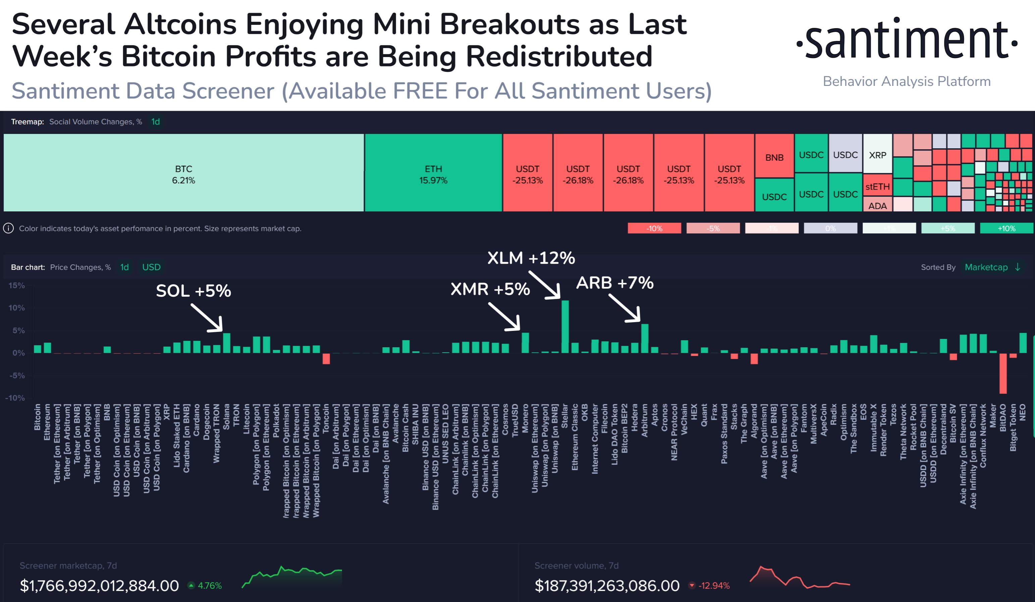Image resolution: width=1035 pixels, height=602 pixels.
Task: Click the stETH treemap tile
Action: (877, 186)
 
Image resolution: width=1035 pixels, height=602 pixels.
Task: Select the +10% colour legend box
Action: (1006, 228)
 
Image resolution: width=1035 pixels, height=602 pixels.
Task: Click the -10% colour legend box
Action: (654, 228)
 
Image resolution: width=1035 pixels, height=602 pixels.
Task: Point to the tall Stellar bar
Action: (565, 327)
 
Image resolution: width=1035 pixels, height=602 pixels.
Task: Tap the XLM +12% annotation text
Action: (531, 258)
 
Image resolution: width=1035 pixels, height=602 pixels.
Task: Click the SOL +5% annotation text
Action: (193, 291)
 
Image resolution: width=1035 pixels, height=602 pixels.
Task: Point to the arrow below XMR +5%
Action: (505, 316)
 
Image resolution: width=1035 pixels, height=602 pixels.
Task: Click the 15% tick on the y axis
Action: (16, 286)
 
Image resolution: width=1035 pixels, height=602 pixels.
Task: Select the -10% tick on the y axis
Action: (15, 398)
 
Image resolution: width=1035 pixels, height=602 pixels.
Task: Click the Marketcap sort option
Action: (986, 267)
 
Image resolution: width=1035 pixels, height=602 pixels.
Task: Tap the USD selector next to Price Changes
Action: (151, 267)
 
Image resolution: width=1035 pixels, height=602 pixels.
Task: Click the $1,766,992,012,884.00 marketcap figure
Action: (99, 586)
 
